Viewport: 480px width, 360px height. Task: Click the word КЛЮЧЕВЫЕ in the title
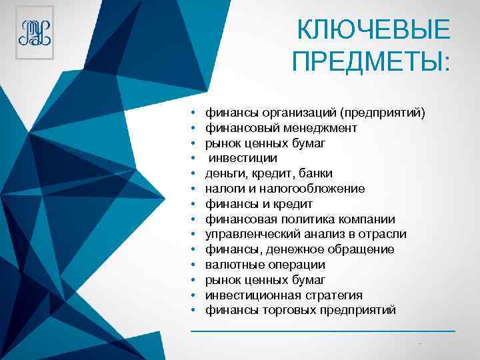(374, 30)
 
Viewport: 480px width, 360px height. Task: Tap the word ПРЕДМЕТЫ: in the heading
(371, 63)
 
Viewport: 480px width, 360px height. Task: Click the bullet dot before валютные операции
(192, 265)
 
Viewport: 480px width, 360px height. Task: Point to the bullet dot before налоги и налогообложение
(192, 189)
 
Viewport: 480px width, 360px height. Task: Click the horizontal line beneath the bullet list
(323, 331)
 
